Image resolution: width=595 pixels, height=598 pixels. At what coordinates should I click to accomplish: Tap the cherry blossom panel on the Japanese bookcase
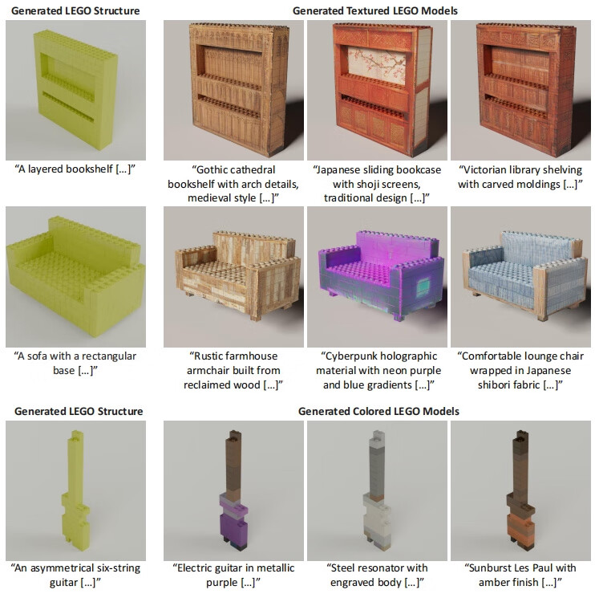click(377, 66)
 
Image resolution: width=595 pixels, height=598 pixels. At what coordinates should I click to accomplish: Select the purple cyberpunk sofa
click(382, 274)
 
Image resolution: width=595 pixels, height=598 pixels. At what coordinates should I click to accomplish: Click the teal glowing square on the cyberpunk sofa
click(423, 287)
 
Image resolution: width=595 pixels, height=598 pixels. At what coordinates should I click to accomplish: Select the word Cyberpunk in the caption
click(350, 356)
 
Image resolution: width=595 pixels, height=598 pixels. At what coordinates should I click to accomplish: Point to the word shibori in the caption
click(496, 384)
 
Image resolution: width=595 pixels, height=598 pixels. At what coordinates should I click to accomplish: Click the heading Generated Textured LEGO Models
click(374, 10)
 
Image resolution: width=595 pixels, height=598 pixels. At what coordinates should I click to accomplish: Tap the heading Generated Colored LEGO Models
click(378, 411)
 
